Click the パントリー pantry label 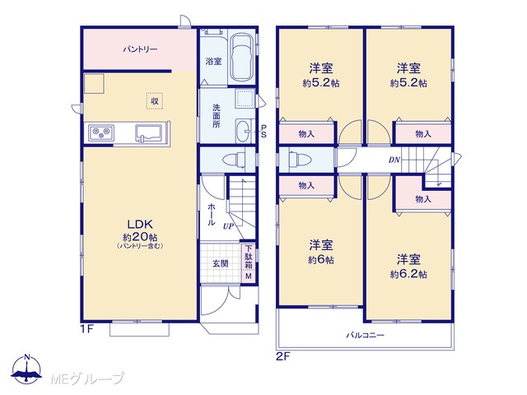(140, 49)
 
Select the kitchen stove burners (101, 133)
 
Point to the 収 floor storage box (155, 100)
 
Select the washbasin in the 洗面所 (243, 131)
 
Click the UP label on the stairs (228, 226)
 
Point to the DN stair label (394, 160)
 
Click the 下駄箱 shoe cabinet (248, 257)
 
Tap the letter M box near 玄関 (249, 276)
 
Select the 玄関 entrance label (221, 263)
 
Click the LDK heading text (140, 224)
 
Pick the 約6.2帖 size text (408, 274)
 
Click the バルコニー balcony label (366, 335)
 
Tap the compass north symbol (27, 369)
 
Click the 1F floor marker (86, 329)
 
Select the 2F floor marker (282, 356)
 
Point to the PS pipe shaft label (263, 131)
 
